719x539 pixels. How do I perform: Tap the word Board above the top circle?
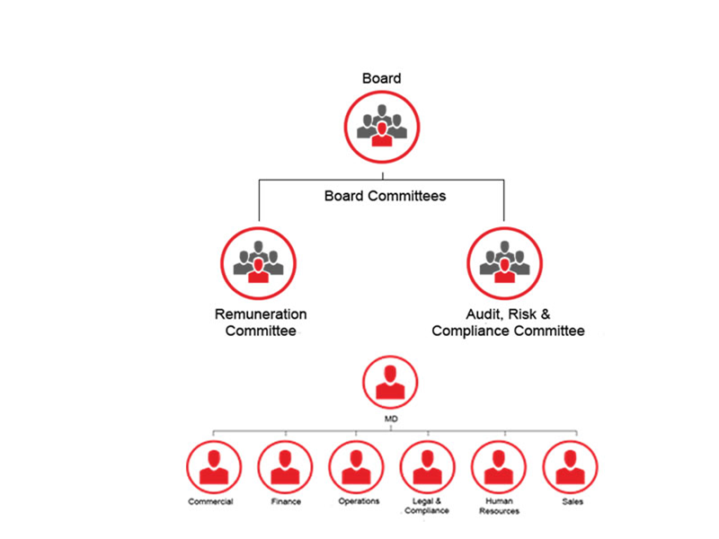[382, 79]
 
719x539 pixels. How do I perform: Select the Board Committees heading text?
[385, 195]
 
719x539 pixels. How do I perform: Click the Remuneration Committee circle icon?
[260, 262]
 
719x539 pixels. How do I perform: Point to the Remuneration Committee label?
[261, 323]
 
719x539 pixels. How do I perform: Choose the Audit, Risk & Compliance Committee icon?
[504, 262]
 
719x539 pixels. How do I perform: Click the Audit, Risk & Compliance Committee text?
[508, 323]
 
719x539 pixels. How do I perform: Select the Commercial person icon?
[213, 468]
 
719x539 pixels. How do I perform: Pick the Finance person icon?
[285, 468]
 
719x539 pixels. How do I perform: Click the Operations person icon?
[357, 468]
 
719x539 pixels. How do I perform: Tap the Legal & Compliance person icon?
[428, 468]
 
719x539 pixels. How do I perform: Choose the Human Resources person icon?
[499, 468]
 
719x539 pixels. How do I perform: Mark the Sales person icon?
[571, 468]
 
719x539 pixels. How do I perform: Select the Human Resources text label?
[500, 507]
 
